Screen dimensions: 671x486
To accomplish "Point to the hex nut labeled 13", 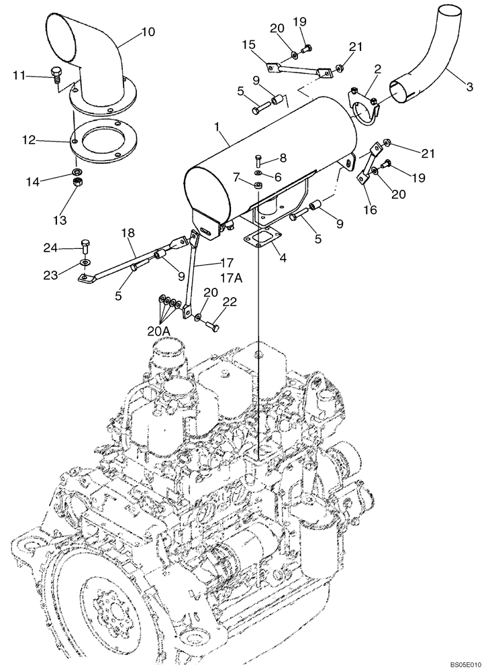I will (77, 183).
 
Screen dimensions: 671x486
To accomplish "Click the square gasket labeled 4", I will (257, 240).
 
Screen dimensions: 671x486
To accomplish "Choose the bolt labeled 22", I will (212, 326).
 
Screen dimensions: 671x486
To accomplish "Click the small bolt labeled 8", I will (258, 160).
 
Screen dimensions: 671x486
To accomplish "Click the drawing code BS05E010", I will (459, 664).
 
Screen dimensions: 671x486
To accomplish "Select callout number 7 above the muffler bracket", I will (236, 176).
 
